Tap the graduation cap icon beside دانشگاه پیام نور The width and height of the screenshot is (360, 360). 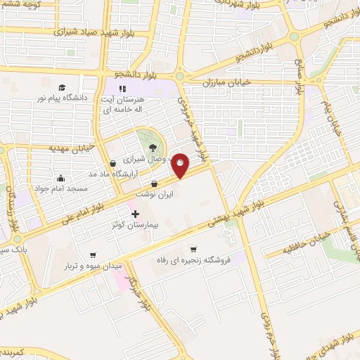63,87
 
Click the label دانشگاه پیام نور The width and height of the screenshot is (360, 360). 63,99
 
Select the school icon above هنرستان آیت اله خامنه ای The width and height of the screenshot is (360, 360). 122,89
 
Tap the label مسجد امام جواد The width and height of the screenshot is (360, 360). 63,189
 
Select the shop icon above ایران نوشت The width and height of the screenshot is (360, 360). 154,184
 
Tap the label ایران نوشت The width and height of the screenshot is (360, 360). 154,195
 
